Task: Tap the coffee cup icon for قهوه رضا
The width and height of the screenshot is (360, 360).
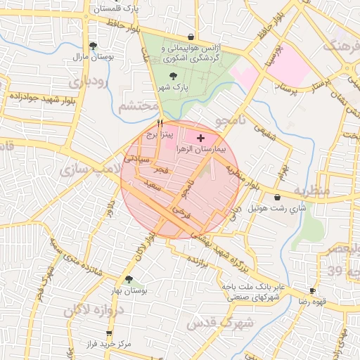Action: pyautogui.click(x=313, y=290)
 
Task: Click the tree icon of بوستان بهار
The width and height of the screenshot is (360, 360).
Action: pyautogui.click(x=129, y=279)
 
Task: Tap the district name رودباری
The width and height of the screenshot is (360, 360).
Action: pyautogui.click(x=88, y=82)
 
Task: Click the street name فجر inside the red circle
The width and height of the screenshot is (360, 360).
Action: pyautogui.click(x=162, y=171)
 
